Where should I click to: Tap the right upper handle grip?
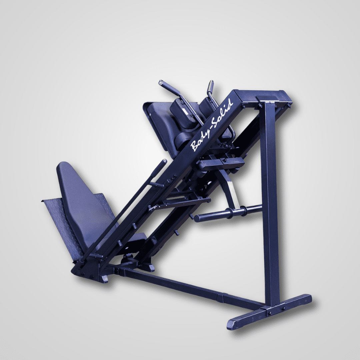210,87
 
